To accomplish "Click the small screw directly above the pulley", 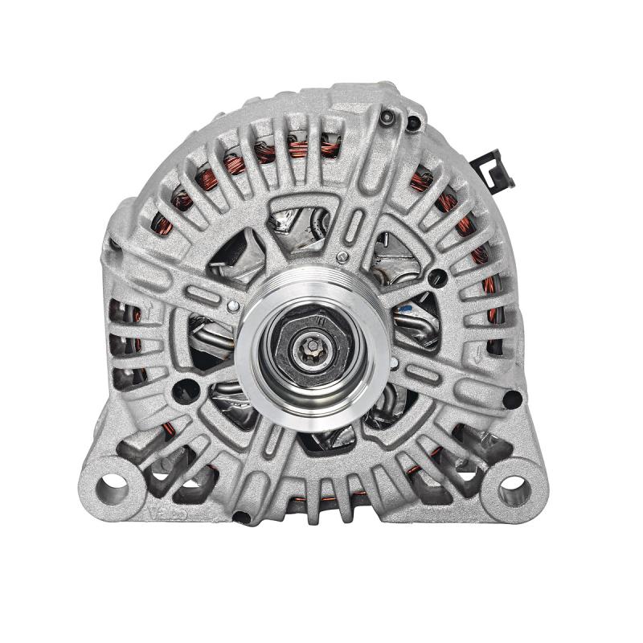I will coord(343,257).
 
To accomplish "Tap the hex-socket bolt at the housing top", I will coord(388,118).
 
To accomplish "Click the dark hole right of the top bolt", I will coord(414,123).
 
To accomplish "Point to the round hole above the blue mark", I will coord(438,278).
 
